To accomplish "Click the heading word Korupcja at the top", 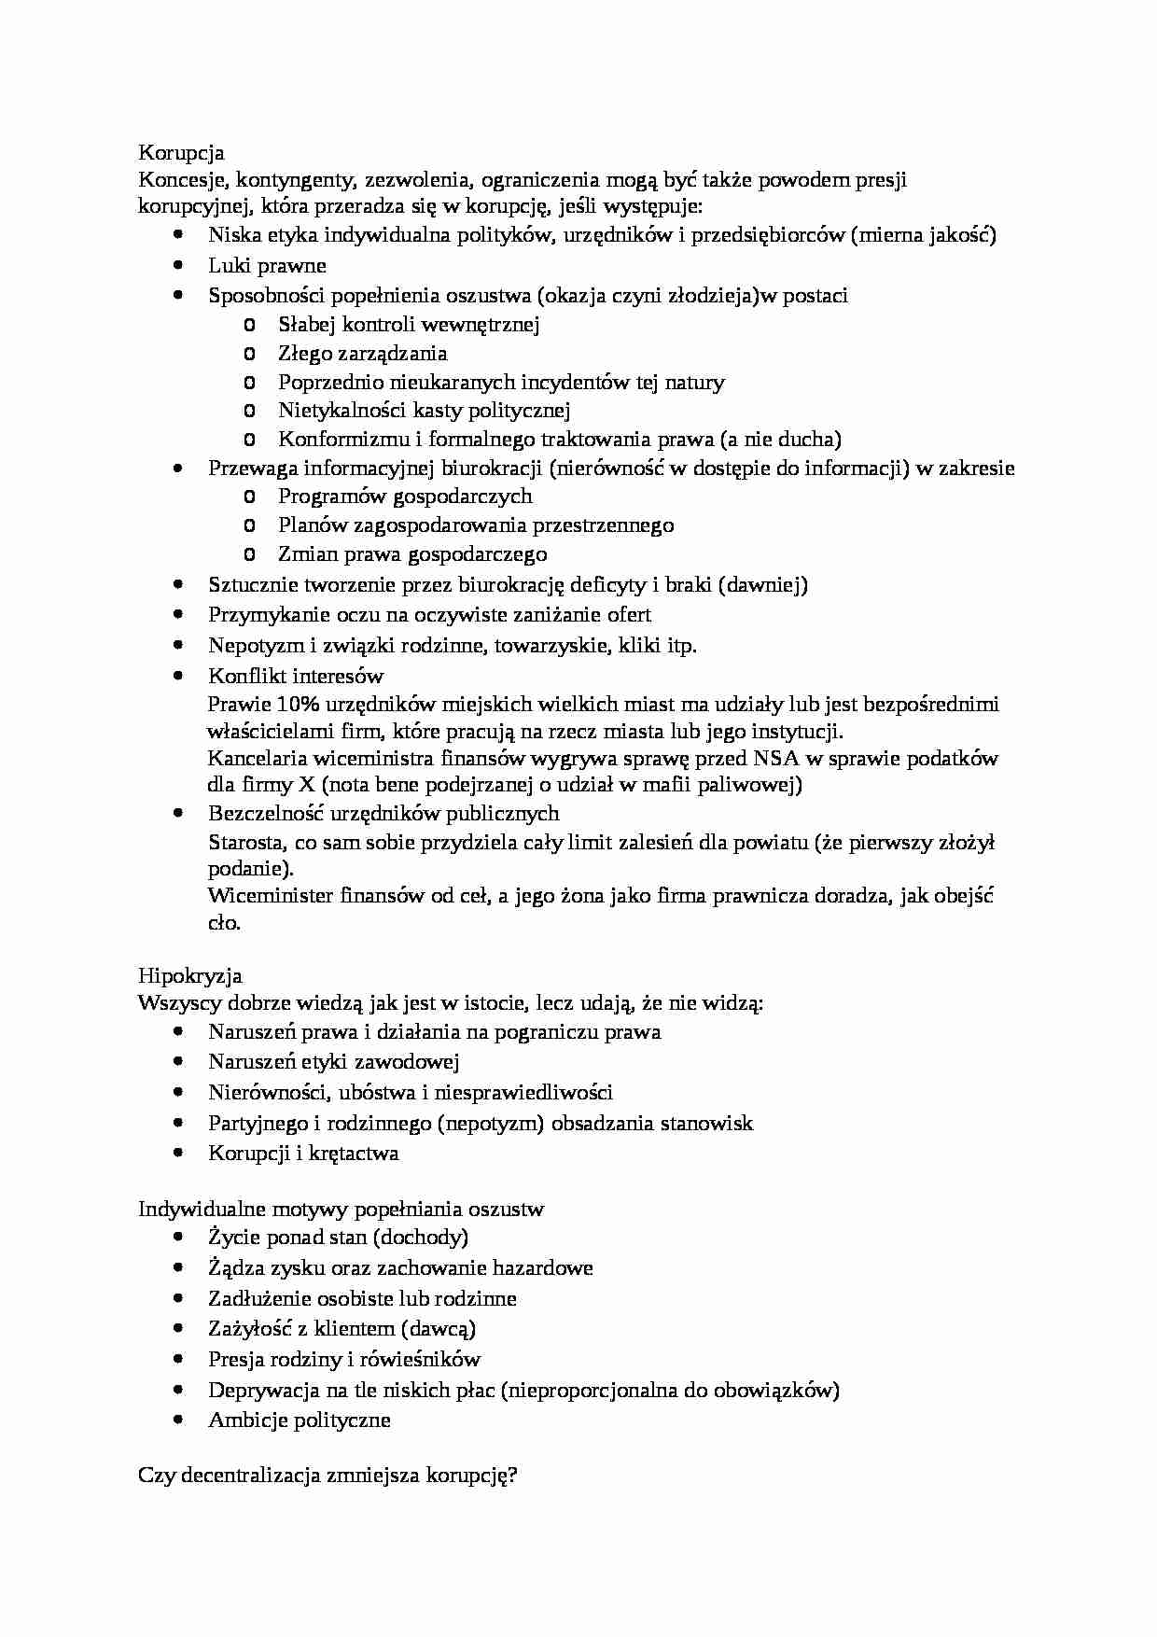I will pos(181,152).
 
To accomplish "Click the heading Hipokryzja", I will pos(190,975).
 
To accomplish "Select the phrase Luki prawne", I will pos(267,265).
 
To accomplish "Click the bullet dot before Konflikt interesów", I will pos(179,675).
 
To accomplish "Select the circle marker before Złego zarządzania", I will pos(248,354).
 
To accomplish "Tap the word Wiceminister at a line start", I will pos(270,896).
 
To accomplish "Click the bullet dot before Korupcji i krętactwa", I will pos(179,1153).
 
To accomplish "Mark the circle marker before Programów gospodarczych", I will pos(248,497).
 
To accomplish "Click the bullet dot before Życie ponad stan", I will pos(179,1237).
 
